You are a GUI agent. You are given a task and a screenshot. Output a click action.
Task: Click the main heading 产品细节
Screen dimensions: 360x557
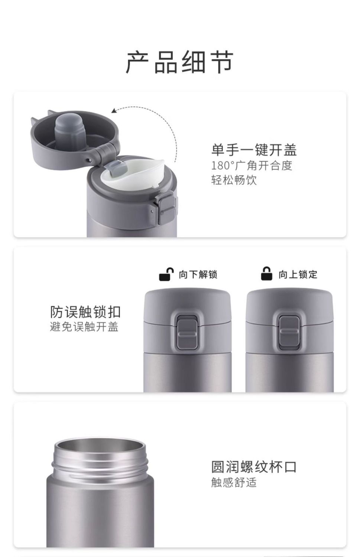tap(179, 62)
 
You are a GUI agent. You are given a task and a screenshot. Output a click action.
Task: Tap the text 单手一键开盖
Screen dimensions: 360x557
tap(254, 150)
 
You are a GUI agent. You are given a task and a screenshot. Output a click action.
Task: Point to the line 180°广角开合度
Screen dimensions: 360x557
tap(252, 166)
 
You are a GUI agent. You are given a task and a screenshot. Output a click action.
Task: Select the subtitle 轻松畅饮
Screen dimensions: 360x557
tap(234, 180)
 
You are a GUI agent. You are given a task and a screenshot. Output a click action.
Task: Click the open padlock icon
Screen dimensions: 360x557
tap(166, 274)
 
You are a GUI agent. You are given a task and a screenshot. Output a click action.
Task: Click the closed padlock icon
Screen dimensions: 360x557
tap(266, 274)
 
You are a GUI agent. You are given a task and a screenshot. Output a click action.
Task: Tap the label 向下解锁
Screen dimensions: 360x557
tap(198, 274)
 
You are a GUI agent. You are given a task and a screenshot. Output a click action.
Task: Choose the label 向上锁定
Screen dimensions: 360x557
tap(298, 274)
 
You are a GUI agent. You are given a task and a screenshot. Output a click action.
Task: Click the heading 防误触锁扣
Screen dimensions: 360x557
tap(85, 312)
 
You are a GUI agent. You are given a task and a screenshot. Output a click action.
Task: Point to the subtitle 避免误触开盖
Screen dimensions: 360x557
tap(84, 327)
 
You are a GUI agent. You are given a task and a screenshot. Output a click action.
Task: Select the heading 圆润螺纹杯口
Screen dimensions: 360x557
tap(254, 467)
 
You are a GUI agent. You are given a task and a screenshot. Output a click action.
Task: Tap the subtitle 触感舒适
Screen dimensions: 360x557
tap(234, 482)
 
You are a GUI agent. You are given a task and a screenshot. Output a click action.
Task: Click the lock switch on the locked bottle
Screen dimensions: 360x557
tap(289, 333)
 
